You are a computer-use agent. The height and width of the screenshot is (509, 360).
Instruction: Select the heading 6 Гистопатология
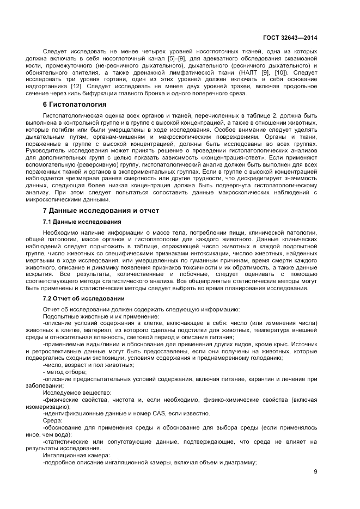click(74, 104)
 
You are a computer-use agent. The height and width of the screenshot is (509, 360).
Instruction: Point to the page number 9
click(315, 471)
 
